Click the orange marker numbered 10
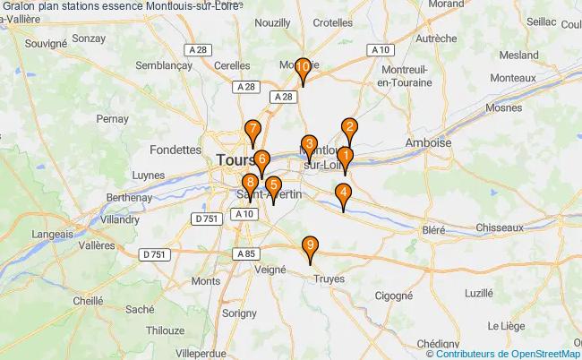coord(304,68)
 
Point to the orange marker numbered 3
coord(309,145)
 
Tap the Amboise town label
coord(429,142)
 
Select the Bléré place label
coord(433,229)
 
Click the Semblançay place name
coord(164,65)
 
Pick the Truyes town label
coord(330,279)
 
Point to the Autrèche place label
coord(436,39)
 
